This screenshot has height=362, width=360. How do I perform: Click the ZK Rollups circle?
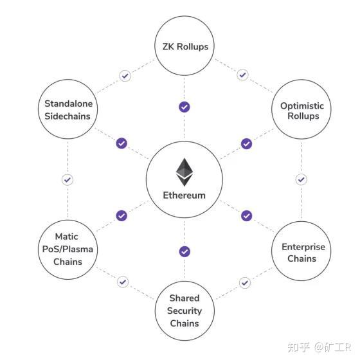point(184,46)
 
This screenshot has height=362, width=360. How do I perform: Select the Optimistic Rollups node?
point(301,111)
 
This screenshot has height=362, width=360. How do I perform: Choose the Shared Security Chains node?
point(184,311)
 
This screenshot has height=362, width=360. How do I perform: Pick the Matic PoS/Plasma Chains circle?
point(67,249)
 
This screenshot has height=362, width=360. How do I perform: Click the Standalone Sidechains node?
point(67,110)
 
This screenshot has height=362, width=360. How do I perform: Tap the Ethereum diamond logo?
point(184,171)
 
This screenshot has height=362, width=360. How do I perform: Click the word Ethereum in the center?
point(184,195)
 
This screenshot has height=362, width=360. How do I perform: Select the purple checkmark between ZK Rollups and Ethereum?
point(184,107)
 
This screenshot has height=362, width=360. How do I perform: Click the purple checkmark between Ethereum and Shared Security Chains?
point(184,251)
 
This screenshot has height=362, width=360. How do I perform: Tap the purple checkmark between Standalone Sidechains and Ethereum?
point(122,143)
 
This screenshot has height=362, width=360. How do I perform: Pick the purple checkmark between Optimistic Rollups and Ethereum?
point(246,143)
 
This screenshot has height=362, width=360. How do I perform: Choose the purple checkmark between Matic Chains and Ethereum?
point(122,215)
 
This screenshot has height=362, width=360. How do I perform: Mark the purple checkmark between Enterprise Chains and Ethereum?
point(246,215)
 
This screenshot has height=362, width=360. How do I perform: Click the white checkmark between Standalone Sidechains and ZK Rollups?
point(125,75)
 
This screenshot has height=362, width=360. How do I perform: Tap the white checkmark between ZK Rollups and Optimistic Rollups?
point(242,75)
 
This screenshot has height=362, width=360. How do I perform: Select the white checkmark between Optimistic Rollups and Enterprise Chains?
point(301,179)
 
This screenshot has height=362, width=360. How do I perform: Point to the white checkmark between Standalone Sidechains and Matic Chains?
point(67,179)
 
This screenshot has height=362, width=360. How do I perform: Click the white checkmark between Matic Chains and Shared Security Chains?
point(123,282)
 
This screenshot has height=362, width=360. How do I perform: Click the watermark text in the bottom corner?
point(319,347)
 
